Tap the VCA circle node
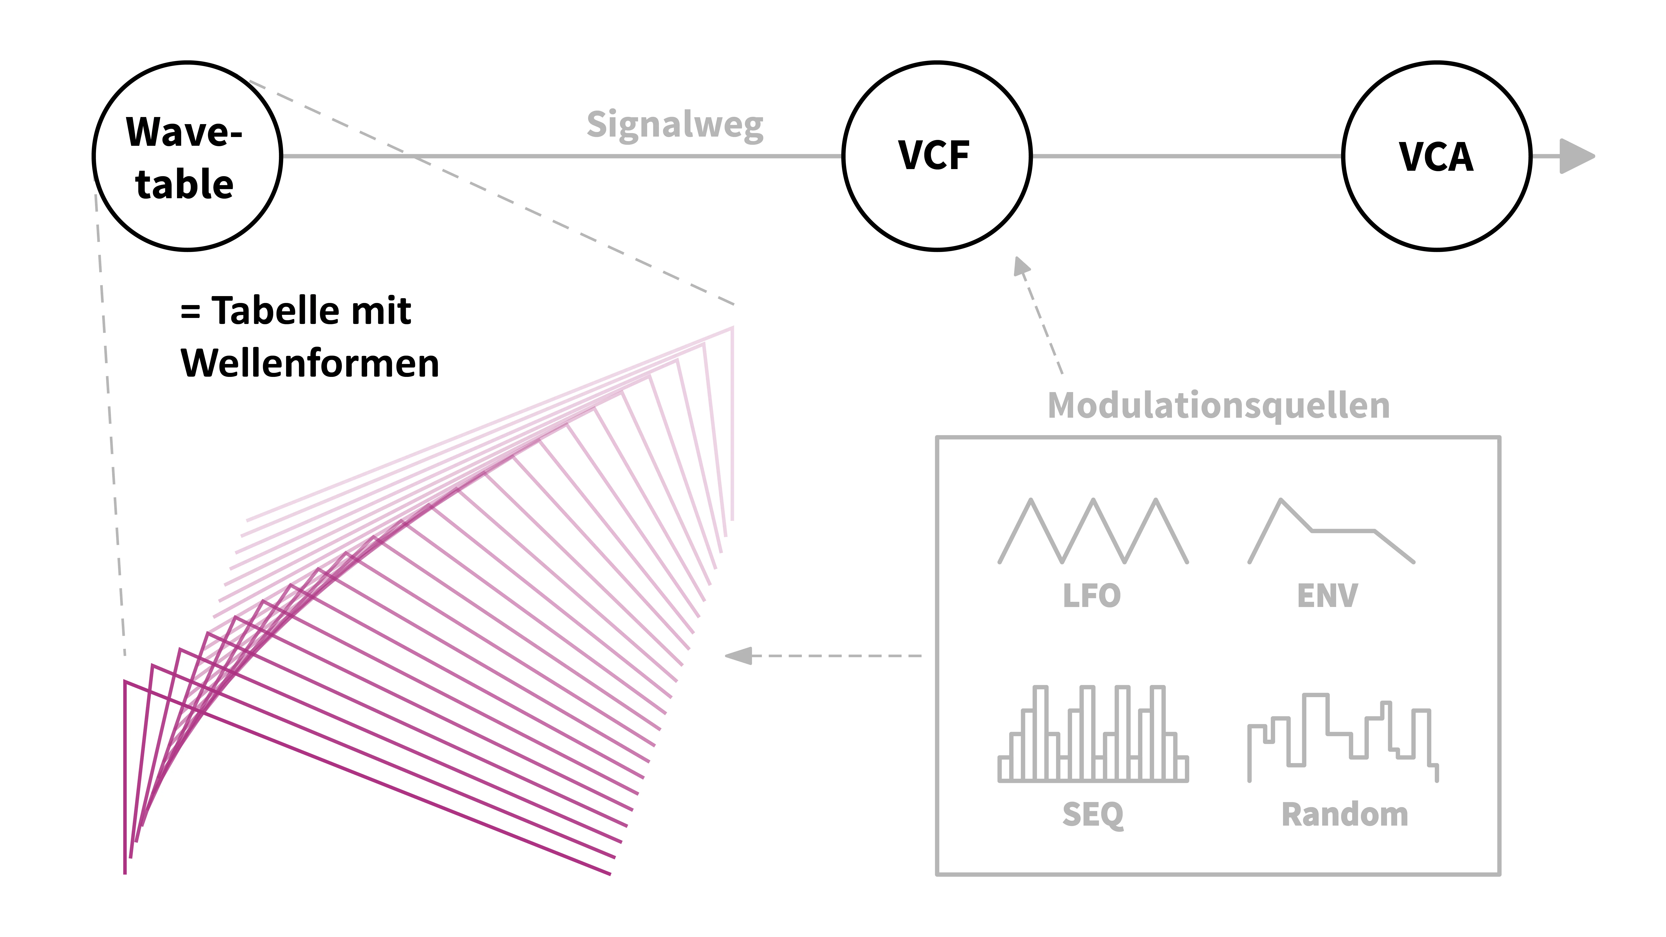tap(1437, 156)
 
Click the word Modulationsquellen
tap(1218, 405)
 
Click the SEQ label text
tap(1092, 814)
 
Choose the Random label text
tap(1345, 814)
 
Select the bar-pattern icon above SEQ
tap(1093, 734)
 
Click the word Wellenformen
tap(310, 363)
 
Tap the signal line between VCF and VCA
tap(1187, 156)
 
